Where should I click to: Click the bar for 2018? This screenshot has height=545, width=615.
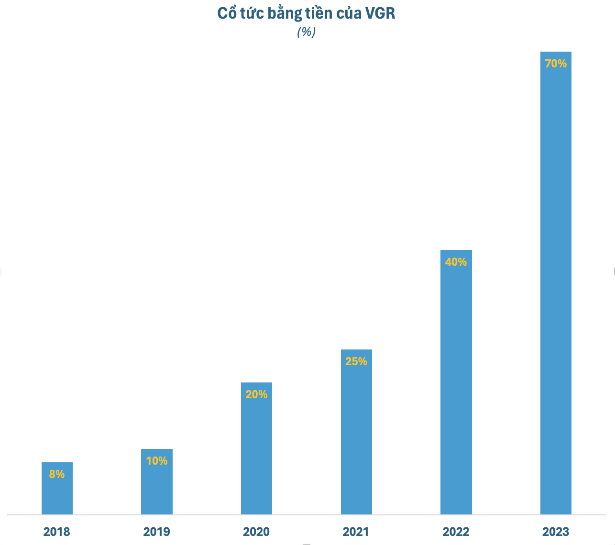tap(57, 488)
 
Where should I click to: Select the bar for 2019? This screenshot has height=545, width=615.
tap(157, 481)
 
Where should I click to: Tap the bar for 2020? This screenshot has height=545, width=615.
tap(256, 448)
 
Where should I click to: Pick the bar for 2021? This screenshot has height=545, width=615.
tap(356, 432)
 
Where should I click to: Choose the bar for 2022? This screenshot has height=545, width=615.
tap(456, 382)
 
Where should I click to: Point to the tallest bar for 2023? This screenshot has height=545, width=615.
tap(556, 283)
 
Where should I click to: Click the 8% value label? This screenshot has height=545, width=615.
tap(57, 474)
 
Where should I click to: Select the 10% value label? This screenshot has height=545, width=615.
tap(157, 461)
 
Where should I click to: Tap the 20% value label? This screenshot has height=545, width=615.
tap(256, 394)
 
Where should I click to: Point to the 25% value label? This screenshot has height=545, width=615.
tap(356, 361)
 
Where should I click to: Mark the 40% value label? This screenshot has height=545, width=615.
tap(456, 262)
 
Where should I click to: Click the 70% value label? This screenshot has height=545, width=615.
tap(556, 64)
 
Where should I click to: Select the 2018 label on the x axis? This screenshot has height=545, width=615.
tap(57, 532)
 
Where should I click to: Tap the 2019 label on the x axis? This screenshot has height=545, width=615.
tap(157, 532)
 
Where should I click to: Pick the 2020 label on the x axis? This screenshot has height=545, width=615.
tap(256, 532)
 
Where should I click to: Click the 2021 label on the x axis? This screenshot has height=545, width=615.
tap(356, 532)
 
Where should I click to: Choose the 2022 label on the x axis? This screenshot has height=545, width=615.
tap(456, 532)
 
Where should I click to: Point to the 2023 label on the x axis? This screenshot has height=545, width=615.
tap(556, 532)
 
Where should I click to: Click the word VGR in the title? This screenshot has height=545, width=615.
tap(380, 13)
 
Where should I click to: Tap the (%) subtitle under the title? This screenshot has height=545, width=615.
tap(306, 32)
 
